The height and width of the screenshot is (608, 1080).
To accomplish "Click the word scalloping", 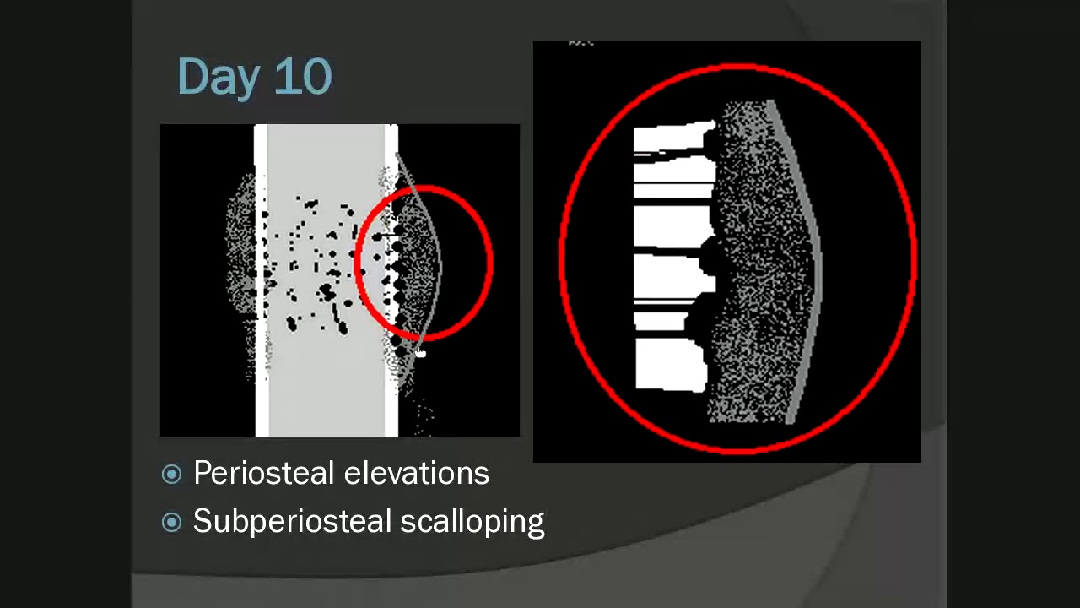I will tap(472, 522).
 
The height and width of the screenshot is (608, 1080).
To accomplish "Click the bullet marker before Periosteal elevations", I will tap(171, 475).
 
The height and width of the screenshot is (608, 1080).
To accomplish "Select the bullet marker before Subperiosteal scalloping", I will tap(171, 523).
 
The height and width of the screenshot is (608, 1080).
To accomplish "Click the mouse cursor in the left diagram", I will tap(421, 353).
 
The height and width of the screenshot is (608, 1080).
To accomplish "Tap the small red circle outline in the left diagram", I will tap(490, 262).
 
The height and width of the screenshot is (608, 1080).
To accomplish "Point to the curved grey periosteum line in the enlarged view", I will tap(815, 253).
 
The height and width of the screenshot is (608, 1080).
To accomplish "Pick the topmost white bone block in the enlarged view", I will tap(673, 138).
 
